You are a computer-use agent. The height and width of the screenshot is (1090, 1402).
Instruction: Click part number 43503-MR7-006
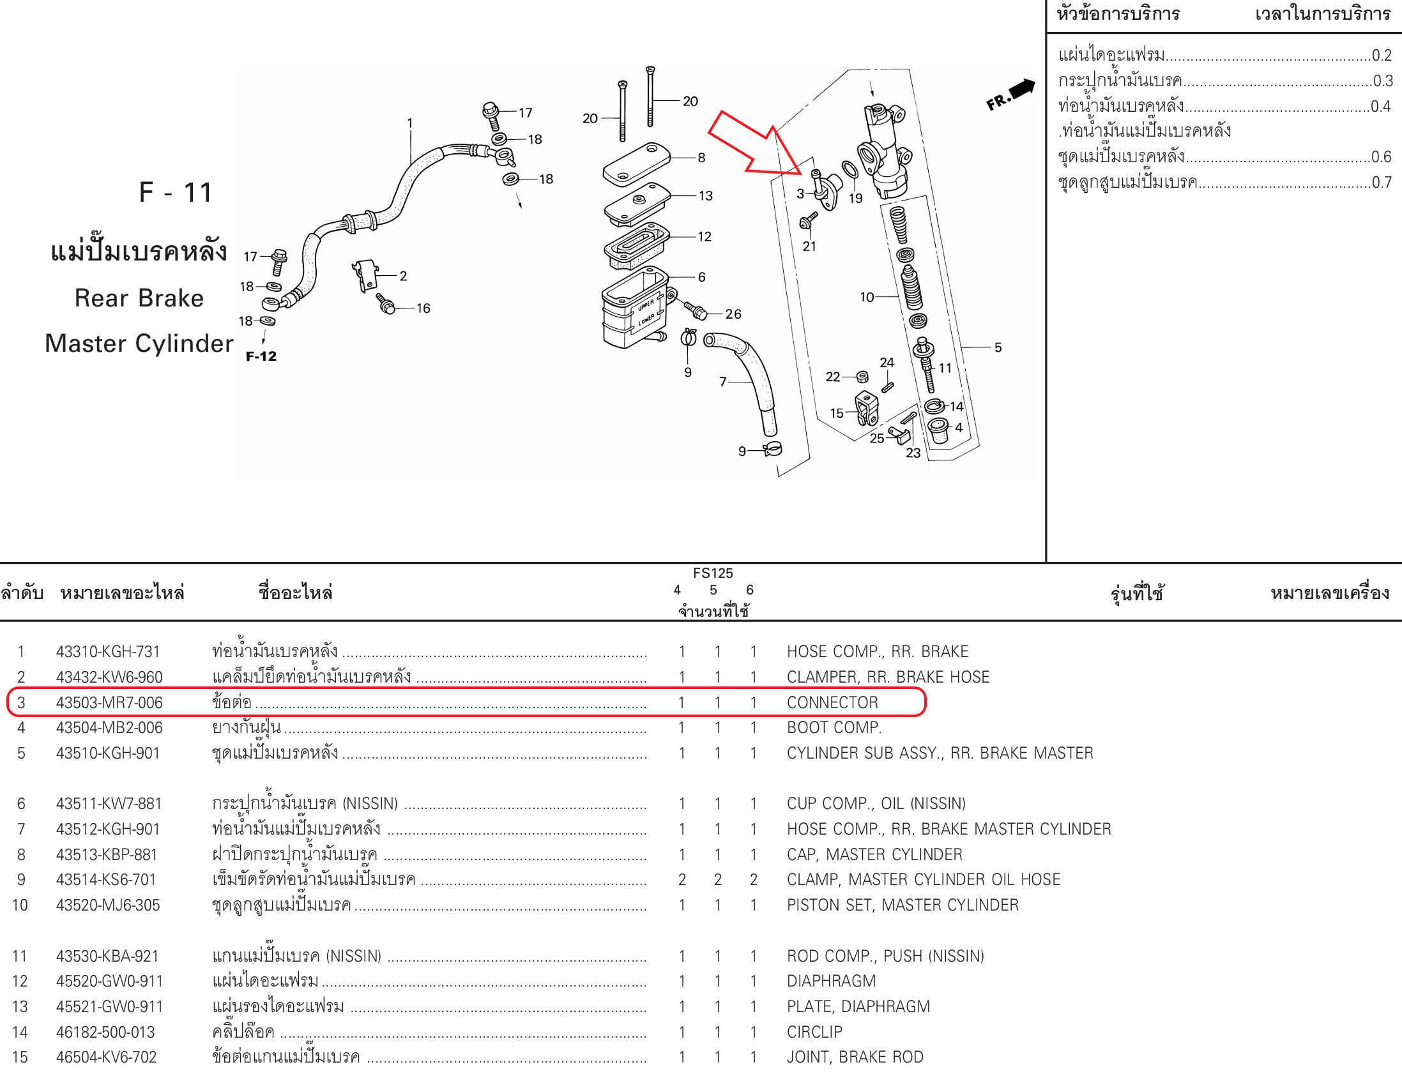pos(109,702)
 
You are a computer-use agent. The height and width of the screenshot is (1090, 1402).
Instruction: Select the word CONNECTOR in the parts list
pos(832,702)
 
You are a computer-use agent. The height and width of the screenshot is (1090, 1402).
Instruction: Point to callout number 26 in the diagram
pos(733,314)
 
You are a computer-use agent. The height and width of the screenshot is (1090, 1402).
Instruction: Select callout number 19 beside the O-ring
pos(855,199)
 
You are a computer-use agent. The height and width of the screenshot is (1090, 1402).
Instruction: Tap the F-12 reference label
pos(261,356)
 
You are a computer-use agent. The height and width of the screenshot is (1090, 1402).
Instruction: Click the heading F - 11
pos(175,192)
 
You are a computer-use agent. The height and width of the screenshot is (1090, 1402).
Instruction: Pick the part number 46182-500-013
pos(105,1032)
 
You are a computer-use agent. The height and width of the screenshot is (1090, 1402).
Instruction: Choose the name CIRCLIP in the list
pos(814,1032)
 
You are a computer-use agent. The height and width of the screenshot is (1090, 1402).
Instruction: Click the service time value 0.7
pos(1382,183)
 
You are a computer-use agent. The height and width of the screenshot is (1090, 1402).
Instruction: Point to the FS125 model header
pos(713,573)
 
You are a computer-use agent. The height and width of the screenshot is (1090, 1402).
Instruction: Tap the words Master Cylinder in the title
pos(139,344)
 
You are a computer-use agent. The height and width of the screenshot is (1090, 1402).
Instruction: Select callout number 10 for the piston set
pos(867,296)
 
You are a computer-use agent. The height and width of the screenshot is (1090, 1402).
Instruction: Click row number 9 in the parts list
pos(21,879)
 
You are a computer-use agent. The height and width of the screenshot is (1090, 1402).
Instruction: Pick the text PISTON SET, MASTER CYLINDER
pos(902,904)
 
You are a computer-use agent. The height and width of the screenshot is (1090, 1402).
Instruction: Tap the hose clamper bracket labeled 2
pos(365,274)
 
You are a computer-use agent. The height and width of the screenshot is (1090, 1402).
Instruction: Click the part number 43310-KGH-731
pos(108,651)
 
